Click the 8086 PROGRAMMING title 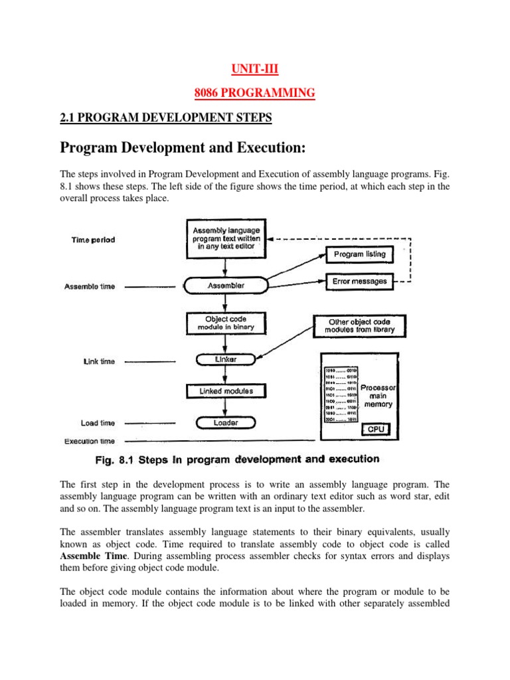[x=255, y=94]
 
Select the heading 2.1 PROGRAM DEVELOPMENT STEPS [x=166, y=118]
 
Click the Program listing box [x=359, y=254]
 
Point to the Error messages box [x=359, y=282]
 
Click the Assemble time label [x=90, y=287]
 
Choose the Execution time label [x=90, y=441]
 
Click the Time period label [x=93, y=240]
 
